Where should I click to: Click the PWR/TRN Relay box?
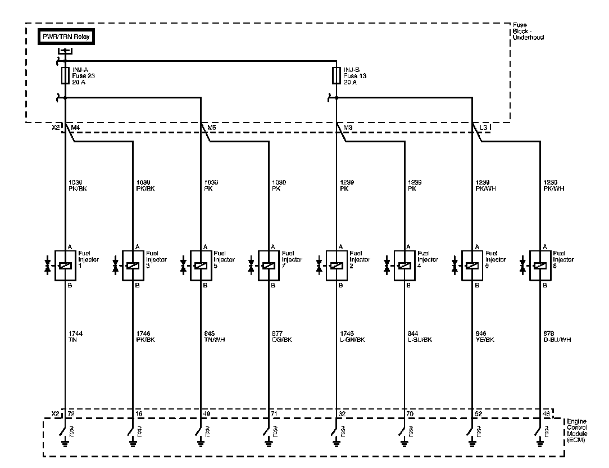click(66, 38)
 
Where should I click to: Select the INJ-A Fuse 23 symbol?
click(66, 75)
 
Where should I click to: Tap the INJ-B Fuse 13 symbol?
click(336, 75)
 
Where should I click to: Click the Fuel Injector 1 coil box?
click(66, 265)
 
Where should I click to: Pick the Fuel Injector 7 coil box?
click(269, 265)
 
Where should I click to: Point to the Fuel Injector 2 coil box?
click(336, 265)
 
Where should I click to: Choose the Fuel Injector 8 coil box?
click(539, 265)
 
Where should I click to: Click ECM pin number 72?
click(71, 413)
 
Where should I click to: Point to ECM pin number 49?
click(206, 413)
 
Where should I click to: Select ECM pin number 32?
click(342, 413)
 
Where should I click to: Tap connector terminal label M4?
click(74, 128)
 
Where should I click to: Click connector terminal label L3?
click(484, 128)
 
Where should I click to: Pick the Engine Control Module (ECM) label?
click(576, 431)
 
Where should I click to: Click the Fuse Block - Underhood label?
click(528, 31)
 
